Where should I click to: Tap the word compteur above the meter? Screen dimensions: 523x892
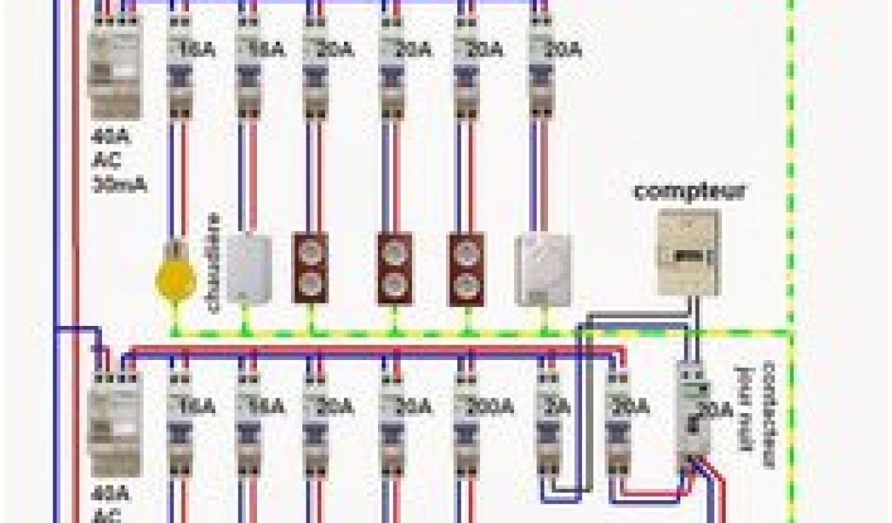click(x=689, y=192)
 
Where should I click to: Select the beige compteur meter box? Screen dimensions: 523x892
click(x=688, y=252)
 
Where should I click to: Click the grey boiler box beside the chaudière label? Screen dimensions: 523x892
click(x=249, y=268)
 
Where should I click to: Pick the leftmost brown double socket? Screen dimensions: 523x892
click(x=309, y=268)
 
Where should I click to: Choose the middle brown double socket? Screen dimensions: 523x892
click(x=394, y=268)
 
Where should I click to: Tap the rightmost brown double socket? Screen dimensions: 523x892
click(x=466, y=268)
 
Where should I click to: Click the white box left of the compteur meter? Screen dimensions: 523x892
click(x=543, y=269)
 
